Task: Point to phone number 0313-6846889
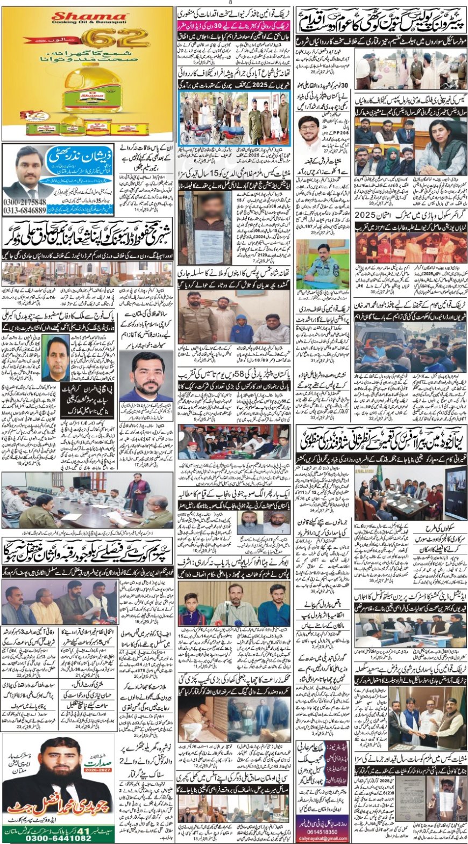(24, 210)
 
